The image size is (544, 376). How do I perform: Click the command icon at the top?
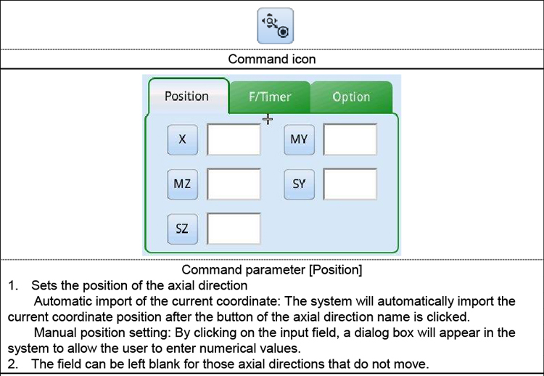275,26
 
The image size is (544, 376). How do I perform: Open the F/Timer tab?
270,97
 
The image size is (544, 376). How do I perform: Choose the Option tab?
351,97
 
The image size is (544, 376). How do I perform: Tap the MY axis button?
299,139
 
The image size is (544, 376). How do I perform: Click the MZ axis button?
182,184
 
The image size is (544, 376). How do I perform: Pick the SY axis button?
299,184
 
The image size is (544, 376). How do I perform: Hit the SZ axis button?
182,229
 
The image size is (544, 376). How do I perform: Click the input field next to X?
234,139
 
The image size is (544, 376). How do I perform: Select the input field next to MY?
350,139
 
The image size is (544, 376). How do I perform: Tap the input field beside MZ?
234,184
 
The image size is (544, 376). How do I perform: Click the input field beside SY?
350,184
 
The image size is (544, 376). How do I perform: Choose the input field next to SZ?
234,229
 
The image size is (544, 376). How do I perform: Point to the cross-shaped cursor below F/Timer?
268,120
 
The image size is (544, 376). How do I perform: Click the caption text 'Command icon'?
272,59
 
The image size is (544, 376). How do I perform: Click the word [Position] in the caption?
336,270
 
